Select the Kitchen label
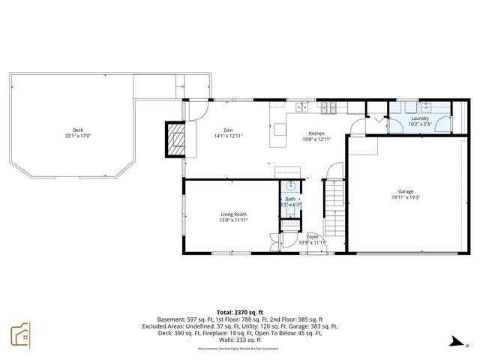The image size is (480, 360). (316, 132)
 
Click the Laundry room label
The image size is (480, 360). (420, 118)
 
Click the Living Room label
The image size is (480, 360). (233, 214)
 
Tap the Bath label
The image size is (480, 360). (290, 199)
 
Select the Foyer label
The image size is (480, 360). (312, 236)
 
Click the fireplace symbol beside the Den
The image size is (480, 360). (175, 139)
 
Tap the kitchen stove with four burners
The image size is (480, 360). (328, 107)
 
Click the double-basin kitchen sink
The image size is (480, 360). (302, 107)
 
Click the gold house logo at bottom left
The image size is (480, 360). (20, 335)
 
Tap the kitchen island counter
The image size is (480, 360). (280, 130)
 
